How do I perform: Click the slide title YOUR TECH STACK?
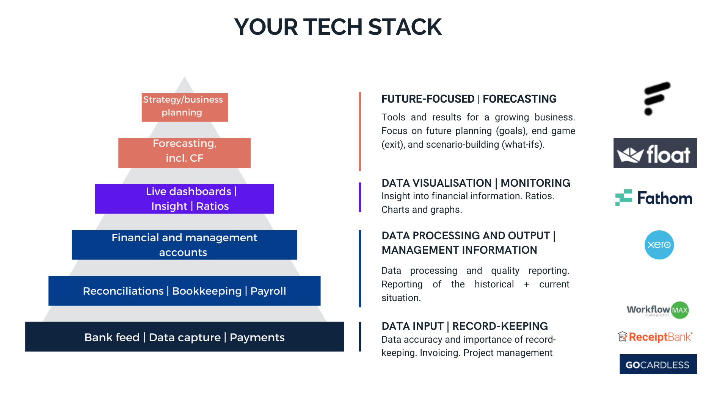[338, 27]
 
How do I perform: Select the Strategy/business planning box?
[185, 107]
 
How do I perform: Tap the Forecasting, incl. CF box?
[184, 153]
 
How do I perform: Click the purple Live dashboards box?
[184, 199]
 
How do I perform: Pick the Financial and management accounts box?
[184, 245]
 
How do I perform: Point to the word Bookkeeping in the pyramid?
[207, 291]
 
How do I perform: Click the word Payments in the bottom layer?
[257, 337]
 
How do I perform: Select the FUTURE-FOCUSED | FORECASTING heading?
[469, 99]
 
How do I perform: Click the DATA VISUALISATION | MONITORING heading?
[476, 183]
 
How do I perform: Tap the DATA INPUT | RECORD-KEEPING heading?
[464, 326]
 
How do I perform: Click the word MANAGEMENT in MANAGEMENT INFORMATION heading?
[411, 250]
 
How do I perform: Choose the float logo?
[655, 153]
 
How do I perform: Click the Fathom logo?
[654, 198]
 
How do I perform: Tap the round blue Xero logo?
[659, 245]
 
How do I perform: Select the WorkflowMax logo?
[658, 310]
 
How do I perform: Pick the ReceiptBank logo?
[655, 337]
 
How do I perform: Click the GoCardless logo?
[658, 364]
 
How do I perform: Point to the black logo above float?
[657, 98]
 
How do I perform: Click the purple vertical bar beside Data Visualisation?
[360, 197]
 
